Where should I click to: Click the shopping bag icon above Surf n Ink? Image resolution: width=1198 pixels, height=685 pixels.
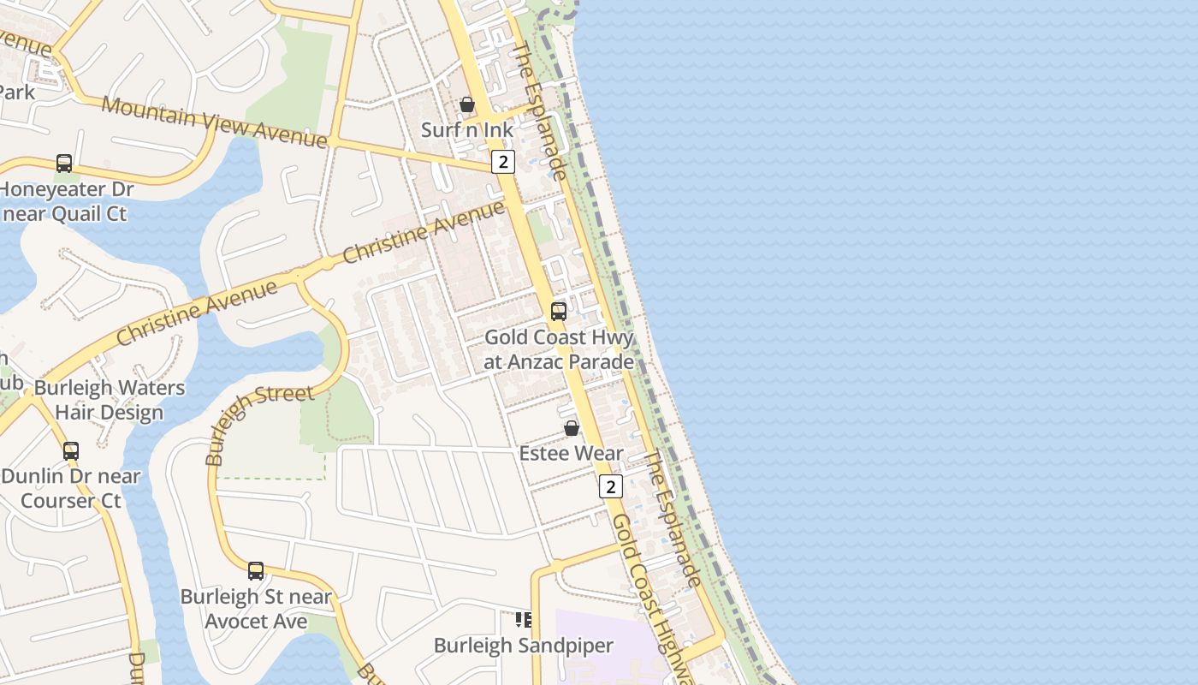click(x=466, y=105)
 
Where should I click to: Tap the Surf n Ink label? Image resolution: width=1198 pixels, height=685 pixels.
click(x=467, y=130)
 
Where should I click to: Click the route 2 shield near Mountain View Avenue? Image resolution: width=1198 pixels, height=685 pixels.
click(x=503, y=162)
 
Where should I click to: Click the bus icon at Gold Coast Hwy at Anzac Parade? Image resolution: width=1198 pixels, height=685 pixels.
click(x=559, y=312)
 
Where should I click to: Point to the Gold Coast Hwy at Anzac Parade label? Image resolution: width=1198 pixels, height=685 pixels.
click(x=559, y=349)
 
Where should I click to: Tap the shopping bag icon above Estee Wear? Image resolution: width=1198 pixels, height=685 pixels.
click(x=572, y=428)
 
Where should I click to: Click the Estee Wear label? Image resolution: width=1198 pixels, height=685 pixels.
click(x=572, y=453)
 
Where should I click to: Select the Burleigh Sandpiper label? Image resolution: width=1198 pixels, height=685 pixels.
click(x=523, y=646)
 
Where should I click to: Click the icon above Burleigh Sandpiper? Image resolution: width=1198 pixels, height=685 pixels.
click(x=523, y=620)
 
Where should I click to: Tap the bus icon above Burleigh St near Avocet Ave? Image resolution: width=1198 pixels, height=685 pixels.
click(x=256, y=571)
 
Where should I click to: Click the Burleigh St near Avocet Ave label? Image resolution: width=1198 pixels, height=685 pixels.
click(x=256, y=609)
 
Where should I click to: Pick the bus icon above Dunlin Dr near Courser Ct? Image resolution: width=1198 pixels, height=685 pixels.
click(x=71, y=450)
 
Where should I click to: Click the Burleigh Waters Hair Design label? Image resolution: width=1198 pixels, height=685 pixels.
click(x=109, y=400)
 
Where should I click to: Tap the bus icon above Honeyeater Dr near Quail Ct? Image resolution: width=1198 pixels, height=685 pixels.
click(x=64, y=164)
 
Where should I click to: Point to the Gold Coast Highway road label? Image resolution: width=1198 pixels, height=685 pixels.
click(x=650, y=599)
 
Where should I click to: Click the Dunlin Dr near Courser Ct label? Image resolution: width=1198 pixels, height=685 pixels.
click(x=70, y=488)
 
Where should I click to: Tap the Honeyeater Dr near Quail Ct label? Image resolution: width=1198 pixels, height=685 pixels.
click(x=65, y=201)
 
